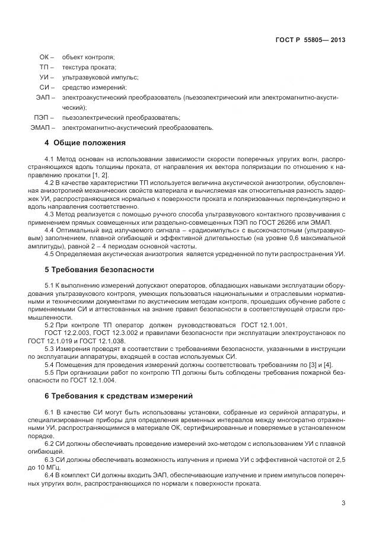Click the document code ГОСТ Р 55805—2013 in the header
(x=310, y=40)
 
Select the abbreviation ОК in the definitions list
(x=44, y=57)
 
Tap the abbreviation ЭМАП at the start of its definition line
(x=40, y=127)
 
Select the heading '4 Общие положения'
(x=85, y=143)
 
